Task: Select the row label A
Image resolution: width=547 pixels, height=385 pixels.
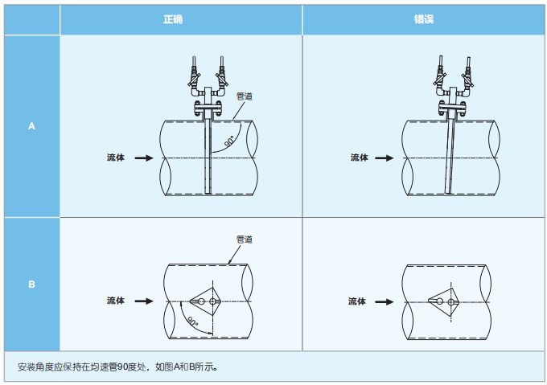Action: pos(32,126)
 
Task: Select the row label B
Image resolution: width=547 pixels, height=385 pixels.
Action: pos(32,285)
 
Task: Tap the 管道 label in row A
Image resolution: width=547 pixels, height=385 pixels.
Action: pos(244,96)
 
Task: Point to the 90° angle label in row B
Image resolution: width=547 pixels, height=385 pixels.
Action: pos(193,322)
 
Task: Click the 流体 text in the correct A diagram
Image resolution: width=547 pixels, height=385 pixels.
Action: pos(116,158)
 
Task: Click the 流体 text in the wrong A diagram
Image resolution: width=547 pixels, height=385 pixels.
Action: pos(359,158)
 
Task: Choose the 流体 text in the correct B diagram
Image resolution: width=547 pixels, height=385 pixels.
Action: pos(116,301)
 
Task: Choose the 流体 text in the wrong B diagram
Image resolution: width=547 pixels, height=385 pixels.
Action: pos(357,301)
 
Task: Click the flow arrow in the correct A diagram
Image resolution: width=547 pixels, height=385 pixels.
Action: pos(143,158)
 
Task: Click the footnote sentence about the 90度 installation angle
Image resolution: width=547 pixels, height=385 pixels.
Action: pos(117,367)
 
